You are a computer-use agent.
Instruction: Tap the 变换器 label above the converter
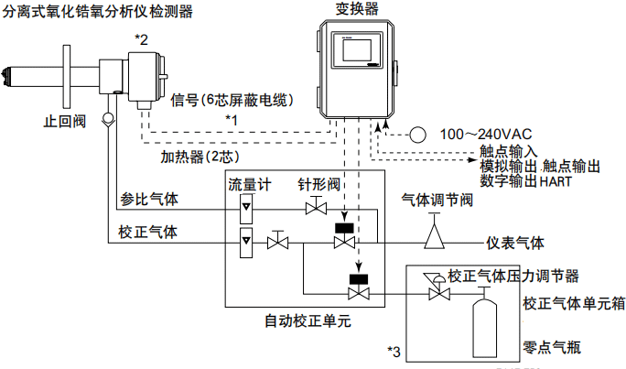tap(356, 9)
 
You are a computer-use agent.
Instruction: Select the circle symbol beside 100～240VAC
tap(417, 134)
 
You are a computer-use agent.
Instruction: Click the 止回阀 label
tap(65, 120)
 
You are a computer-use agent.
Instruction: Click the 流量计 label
tap(249, 184)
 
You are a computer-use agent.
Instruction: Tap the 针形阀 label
tap(318, 184)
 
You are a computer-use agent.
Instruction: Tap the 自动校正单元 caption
tap(308, 322)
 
